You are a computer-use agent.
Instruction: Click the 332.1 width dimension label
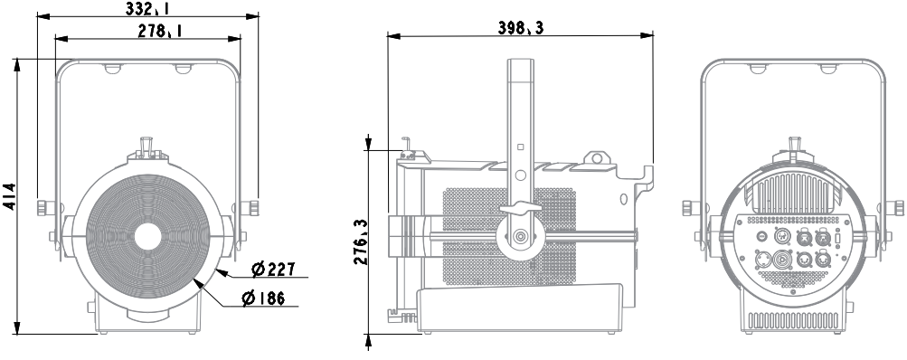[147, 8]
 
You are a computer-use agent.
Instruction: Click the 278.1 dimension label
[160, 31]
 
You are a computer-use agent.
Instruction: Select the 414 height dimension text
[10, 196]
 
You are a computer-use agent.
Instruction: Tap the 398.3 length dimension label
[521, 27]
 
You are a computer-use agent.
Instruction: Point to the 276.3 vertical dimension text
[361, 242]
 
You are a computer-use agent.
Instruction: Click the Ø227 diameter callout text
[274, 270]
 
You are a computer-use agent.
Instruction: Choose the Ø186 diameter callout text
[263, 298]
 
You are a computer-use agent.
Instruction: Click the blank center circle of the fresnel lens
[147, 237]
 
